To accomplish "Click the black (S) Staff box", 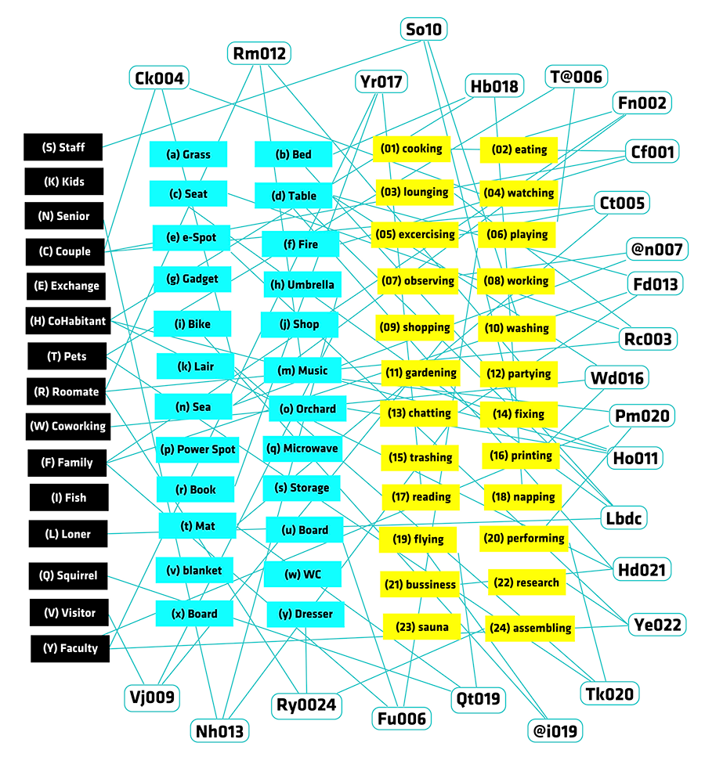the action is pos(63,147).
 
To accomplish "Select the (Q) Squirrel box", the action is pos(68,575).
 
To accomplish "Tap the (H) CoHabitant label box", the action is pos(68,320).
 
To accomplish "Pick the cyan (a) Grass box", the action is pos(189,154).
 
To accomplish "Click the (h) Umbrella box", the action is pos(302,284).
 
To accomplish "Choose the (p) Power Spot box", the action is pos(197,449).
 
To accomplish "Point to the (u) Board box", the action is pos(305,530).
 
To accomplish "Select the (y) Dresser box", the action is pos(305,614).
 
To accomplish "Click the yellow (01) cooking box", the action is pos(412,149).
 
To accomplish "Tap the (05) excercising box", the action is pos(415,235).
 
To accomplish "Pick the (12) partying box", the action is pos(519,373).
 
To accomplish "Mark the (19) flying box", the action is pos(418,539).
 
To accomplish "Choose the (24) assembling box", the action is pos(530,628).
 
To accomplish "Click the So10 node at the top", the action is pos(424,30).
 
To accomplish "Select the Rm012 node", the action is pos(259,53).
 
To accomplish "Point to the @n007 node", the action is pos(656,249).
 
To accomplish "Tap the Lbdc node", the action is pos(624,518).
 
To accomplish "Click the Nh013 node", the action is pos(219,731).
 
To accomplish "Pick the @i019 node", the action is pos(555,731).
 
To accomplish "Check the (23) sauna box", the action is pos(422,627).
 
